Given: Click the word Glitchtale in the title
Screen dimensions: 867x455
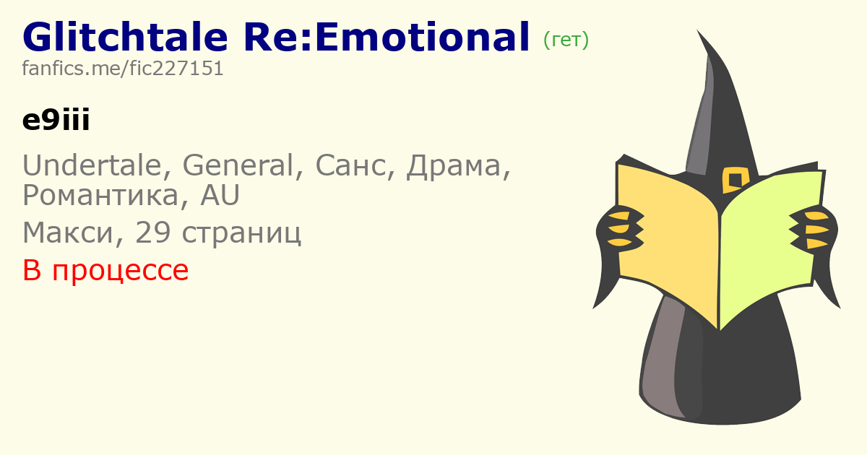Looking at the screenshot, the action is click(125, 37).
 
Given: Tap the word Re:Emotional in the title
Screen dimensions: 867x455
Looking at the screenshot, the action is click(387, 37).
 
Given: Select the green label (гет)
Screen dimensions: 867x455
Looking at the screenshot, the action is click(566, 40).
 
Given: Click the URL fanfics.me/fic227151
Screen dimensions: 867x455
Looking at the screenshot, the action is click(123, 69).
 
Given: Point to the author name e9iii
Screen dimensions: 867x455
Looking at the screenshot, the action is click(56, 120).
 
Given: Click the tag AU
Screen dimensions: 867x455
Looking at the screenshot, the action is click(220, 195).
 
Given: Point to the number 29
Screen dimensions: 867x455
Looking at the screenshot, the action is click(153, 232).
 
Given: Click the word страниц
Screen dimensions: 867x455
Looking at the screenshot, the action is click(241, 234).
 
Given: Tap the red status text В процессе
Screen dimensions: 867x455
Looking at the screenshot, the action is click(105, 270).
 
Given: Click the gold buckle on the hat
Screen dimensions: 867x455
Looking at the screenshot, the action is click(736, 180).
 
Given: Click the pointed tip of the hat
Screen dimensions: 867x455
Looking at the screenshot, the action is click(697, 30).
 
